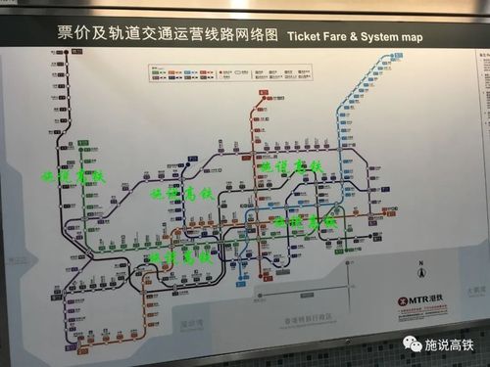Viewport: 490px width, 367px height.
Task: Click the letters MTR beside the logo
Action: (418, 299)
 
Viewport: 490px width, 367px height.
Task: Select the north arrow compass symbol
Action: (419, 273)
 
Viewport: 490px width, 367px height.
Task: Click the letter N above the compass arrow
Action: (419, 261)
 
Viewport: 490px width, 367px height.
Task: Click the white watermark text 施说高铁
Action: (449, 345)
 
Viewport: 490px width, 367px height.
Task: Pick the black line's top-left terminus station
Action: (59, 70)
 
